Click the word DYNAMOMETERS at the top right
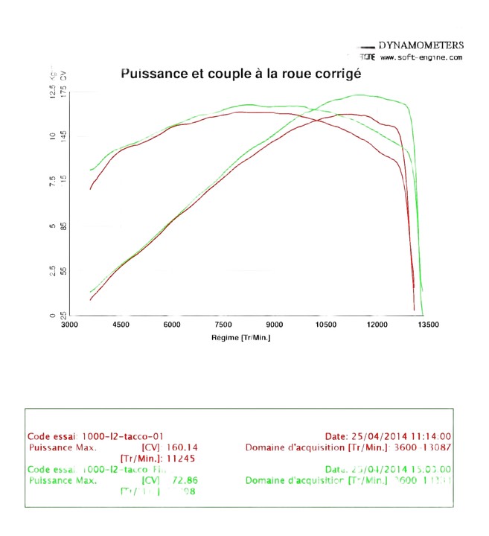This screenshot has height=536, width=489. [421, 45]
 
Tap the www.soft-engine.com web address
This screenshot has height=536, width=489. [421, 57]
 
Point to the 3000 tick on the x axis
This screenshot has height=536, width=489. [68, 325]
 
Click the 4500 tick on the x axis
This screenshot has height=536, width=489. [121, 325]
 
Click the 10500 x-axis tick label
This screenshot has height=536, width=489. [326, 325]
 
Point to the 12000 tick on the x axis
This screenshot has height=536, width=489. [377, 325]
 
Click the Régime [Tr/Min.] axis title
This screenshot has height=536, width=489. [240, 338]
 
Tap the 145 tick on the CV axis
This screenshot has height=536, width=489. [63, 136]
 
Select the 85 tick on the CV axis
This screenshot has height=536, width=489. [63, 226]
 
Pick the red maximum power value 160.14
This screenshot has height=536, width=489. [182, 447]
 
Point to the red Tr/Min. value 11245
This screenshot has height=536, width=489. [182, 459]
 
